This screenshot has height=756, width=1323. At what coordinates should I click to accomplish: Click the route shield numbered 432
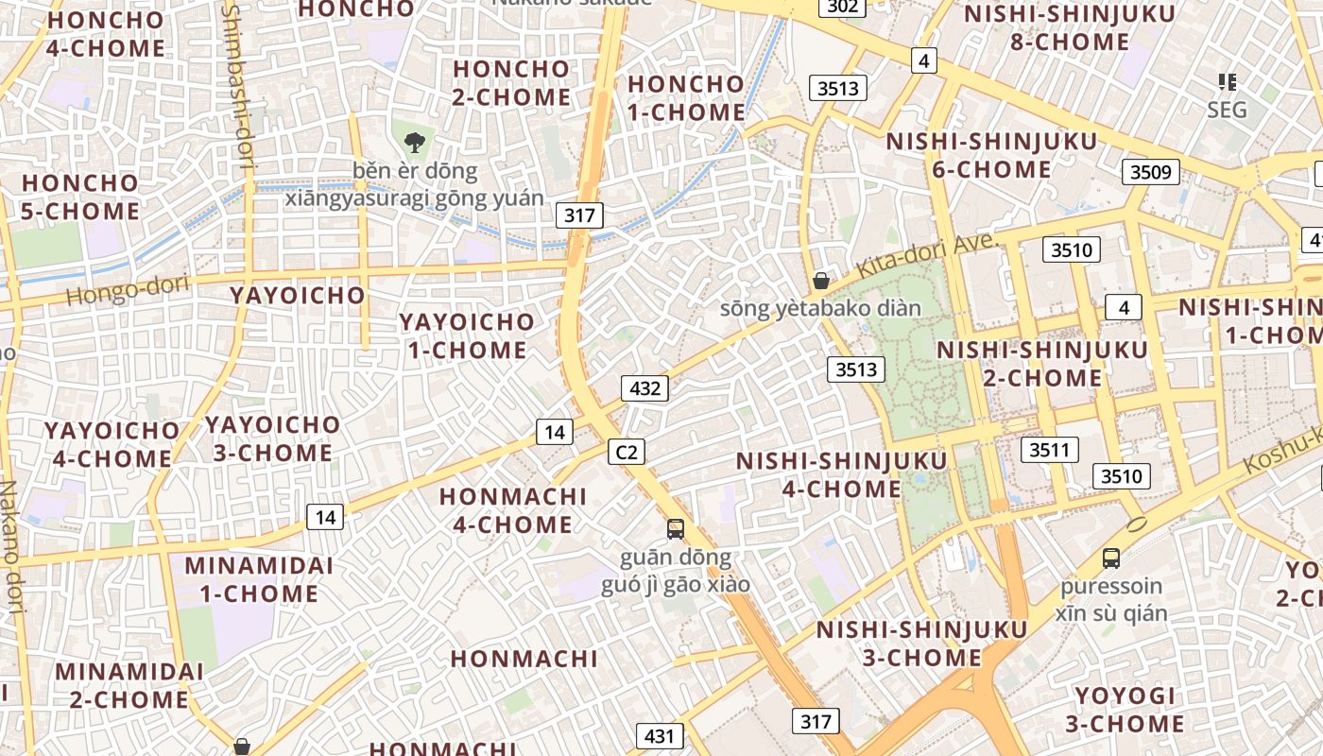click(x=644, y=387)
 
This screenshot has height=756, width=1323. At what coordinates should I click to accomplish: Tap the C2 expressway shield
click(x=626, y=453)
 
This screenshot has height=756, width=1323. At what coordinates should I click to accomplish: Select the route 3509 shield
click(x=1151, y=172)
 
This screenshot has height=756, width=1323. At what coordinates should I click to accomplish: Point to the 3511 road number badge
click(x=1049, y=450)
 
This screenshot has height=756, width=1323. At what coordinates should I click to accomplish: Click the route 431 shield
click(x=661, y=735)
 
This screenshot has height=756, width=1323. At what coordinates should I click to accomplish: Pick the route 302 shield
click(x=841, y=8)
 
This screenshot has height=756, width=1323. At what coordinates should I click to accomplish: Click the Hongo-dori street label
click(x=128, y=289)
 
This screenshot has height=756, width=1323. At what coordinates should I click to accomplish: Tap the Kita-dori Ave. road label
click(x=927, y=254)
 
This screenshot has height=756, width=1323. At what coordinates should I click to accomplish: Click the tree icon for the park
click(x=413, y=144)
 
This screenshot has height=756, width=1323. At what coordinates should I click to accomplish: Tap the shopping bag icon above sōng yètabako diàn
click(x=821, y=280)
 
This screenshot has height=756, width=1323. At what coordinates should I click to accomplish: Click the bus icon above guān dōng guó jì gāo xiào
click(x=676, y=528)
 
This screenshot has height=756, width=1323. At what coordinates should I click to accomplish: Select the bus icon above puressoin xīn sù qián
click(x=1111, y=558)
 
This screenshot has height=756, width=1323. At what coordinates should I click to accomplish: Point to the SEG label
click(x=1228, y=110)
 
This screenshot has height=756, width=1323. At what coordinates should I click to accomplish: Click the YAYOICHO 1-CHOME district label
click(x=467, y=335)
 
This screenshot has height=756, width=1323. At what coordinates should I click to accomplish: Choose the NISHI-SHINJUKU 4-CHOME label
click(x=841, y=474)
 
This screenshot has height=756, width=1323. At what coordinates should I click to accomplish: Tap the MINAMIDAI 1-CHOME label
click(x=259, y=579)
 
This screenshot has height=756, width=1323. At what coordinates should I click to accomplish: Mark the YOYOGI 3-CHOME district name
click(x=1125, y=710)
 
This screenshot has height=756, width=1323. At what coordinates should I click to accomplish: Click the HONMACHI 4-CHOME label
click(x=513, y=509)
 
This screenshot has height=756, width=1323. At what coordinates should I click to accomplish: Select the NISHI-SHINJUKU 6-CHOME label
click(x=991, y=155)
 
